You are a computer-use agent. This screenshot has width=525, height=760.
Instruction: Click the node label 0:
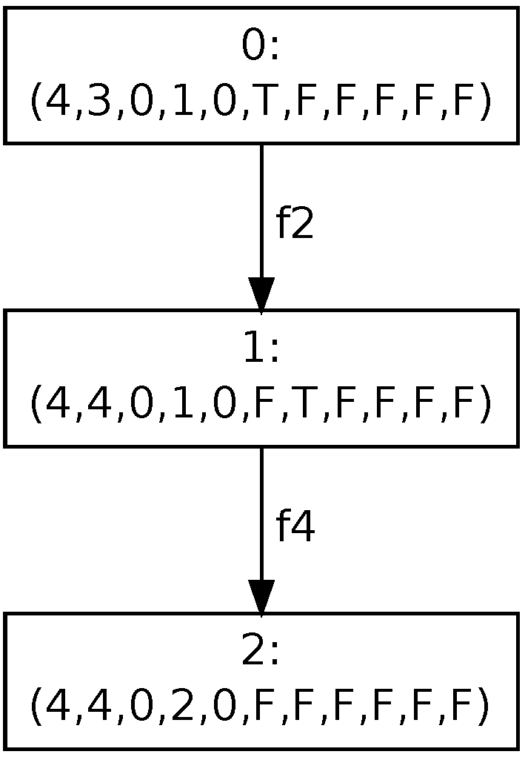(x=261, y=47)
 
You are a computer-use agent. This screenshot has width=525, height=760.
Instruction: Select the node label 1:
(x=261, y=350)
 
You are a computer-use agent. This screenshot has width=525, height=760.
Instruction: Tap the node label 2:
(x=261, y=653)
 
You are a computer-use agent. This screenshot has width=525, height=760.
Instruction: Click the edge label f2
(x=295, y=223)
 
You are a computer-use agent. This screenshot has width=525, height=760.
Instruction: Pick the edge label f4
(x=295, y=526)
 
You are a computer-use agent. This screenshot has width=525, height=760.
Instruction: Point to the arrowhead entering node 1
(x=261, y=294)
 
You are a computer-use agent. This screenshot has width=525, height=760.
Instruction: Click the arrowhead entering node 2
(x=261, y=598)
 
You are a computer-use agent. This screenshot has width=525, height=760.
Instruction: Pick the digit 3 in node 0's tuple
(x=98, y=102)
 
